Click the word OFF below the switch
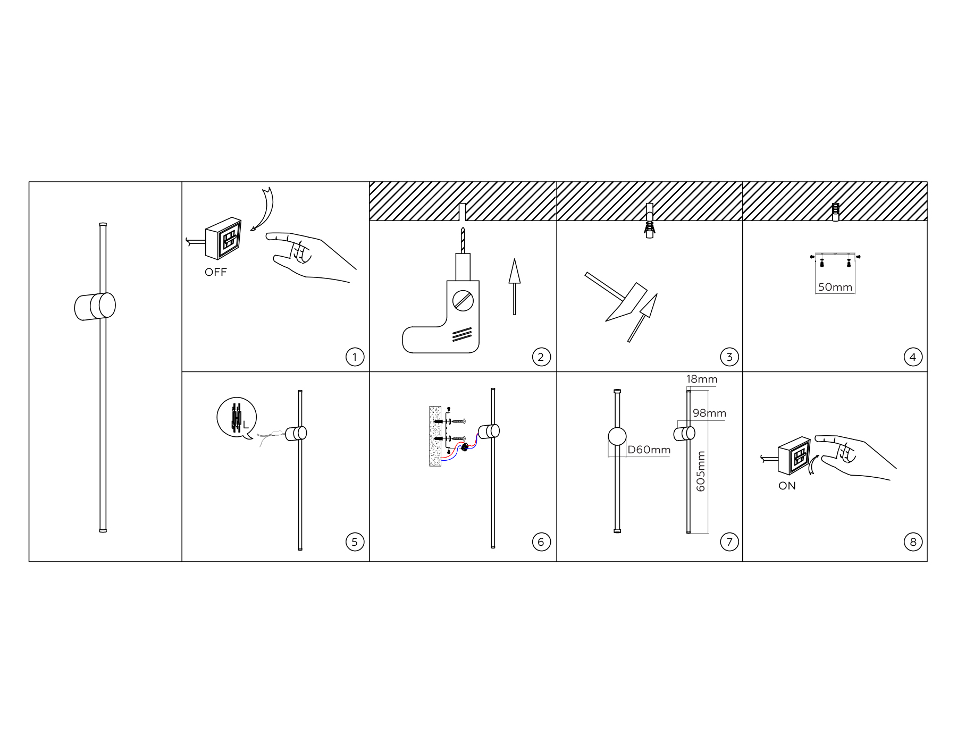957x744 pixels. tap(215, 272)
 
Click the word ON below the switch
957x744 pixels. tap(787, 486)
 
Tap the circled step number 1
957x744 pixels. tap(355, 357)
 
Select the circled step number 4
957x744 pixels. tap(913, 357)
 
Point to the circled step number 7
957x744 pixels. tap(729, 542)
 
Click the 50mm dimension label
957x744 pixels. tap(835, 287)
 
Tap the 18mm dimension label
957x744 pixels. tap(701, 379)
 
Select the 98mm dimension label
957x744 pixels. tap(709, 413)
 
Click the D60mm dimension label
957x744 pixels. tap(649, 450)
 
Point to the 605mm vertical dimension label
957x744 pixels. tap(701, 471)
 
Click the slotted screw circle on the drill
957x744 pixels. tap(463, 301)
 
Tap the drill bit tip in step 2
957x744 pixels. tap(463, 228)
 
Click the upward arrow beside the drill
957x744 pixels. tap(514, 286)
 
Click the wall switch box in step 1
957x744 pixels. tap(224, 237)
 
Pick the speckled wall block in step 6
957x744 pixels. tap(435, 436)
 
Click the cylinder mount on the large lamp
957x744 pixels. tap(95, 307)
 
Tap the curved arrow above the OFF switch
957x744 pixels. tap(263, 210)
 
